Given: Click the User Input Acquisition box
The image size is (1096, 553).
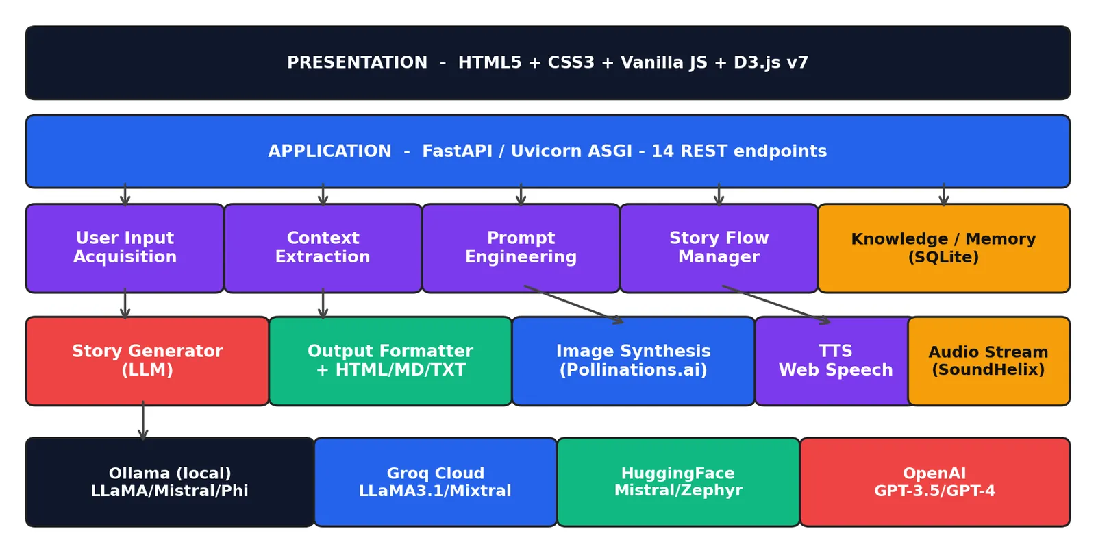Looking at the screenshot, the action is click(125, 248).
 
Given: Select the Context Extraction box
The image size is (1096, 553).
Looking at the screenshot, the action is click(323, 248).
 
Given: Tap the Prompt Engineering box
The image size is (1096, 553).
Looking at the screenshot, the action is click(521, 248).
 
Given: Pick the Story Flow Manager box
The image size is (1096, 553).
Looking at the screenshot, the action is click(719, 248).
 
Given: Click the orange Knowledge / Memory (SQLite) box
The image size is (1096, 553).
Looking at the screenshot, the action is click(944, 248).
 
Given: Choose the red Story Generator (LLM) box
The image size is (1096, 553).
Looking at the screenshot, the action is click(147, 361).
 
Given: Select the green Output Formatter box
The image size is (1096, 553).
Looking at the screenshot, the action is click(390, 361).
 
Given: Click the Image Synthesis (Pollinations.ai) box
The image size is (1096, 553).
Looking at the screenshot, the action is click(633, 361).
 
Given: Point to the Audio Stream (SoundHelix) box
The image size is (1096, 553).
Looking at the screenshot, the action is click(989, 361).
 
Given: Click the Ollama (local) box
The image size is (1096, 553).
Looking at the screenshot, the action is click(170, 482).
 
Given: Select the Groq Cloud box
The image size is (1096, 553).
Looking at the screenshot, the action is click(436, 482).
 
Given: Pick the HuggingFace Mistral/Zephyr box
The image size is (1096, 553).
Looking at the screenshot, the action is click(678, 482).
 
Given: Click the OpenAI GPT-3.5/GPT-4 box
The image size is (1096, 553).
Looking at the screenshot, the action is click(935, 482).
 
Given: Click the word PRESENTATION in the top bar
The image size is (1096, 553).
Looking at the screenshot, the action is click(357, 62).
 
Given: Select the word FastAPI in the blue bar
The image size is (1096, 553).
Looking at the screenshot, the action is click(457, 151).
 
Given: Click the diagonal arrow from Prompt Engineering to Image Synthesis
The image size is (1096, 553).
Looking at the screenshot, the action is click(573, 304).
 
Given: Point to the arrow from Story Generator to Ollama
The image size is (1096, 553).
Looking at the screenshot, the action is click(143, 420).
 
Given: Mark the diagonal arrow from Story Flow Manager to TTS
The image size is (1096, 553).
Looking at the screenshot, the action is click(776, 304).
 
